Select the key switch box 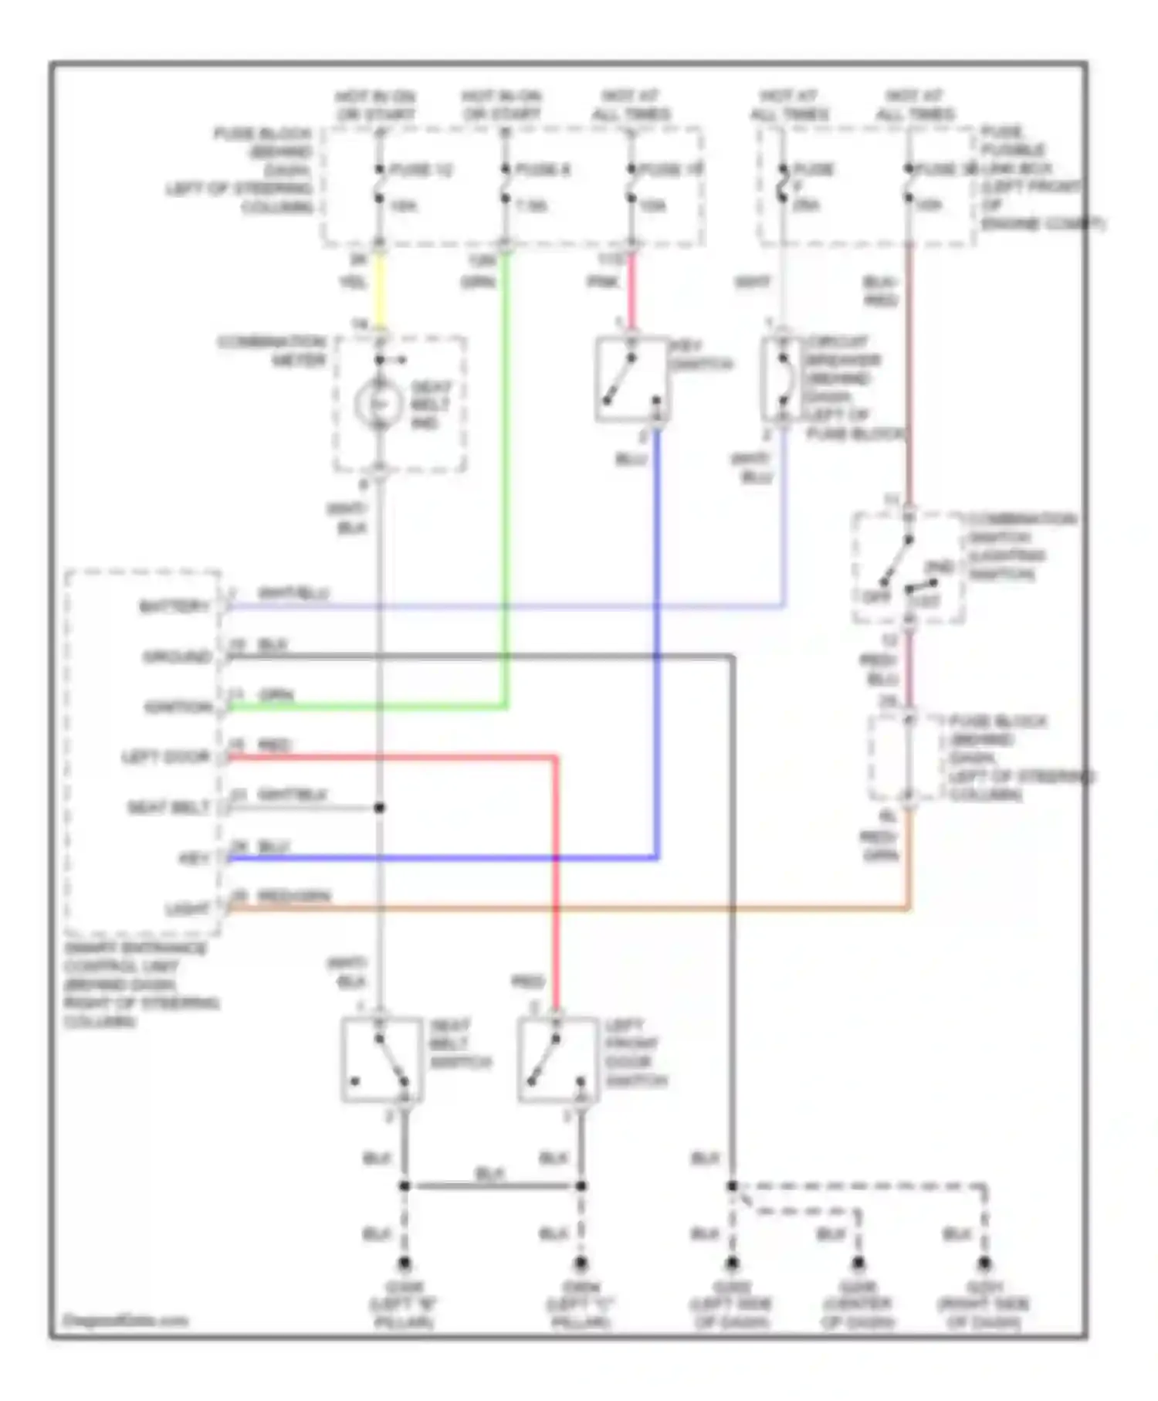tap(631, 379)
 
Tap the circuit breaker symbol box tap(783, 379)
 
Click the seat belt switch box tap(381, 1059)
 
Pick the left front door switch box tap(557, 1059)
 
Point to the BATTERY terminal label tap(174, 607)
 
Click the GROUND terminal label tap(178, 657)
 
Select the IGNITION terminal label tap(178, 707)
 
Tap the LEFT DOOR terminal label tap(166, 758)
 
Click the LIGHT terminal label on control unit tap(188, 909)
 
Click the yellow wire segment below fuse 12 tap(379, 290)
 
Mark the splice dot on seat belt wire tap(379, 808)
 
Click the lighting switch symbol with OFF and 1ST tap(908, 568)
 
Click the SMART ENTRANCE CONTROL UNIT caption tap(140, 985)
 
